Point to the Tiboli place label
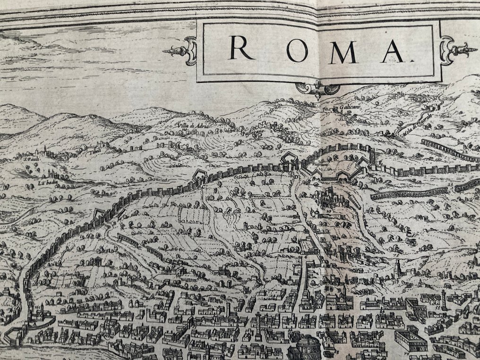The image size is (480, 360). (97, 150)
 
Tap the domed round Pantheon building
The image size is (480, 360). (301, 349)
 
